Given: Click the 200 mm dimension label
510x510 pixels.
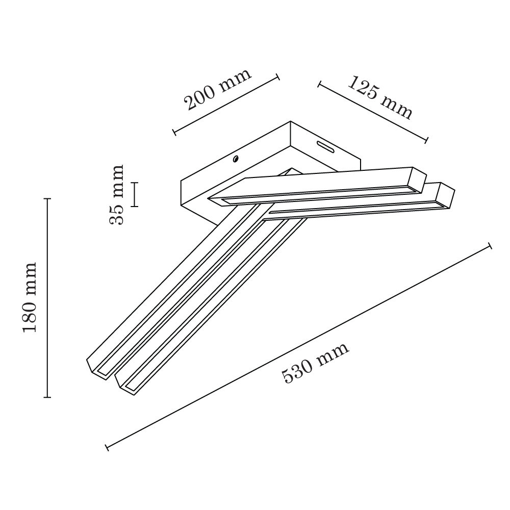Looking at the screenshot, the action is (218, 89).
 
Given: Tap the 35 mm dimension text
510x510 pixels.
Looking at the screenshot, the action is (116, 194).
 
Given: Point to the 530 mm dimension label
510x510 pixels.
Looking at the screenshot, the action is (315, 363).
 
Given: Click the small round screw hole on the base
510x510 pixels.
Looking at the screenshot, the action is (236, 159).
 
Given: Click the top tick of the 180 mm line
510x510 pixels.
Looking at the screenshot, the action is (47, 198).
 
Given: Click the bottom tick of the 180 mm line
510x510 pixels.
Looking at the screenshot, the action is (47, 397).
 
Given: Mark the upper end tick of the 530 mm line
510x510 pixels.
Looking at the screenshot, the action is (490, 246).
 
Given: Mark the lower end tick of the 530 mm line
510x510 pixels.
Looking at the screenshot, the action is (107, 447).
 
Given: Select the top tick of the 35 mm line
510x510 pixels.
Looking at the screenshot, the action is (135, 183).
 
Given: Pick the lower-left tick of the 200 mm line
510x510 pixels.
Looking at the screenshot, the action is (174, 132).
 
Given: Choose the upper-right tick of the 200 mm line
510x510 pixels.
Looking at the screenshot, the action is (278, 77).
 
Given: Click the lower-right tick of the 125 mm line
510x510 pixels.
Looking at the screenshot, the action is (426, 140).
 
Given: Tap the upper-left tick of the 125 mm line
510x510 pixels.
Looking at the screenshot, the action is (319, 85).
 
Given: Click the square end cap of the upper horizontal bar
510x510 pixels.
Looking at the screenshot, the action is (419, 180).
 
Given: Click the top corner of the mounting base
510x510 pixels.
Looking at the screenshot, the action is (291, 122).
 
